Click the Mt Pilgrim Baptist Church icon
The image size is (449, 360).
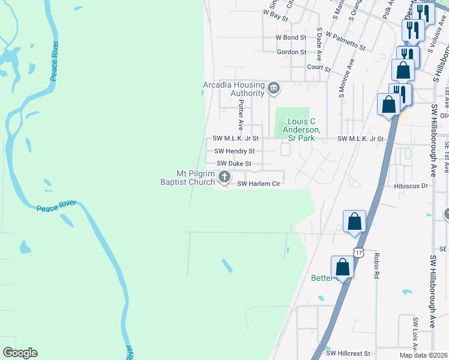click(x=224, y=176)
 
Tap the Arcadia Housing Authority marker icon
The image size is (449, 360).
click(x=274, y=89)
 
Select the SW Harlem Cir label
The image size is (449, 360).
click(x=259, y=184)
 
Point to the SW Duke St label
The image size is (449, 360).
click(x=234, y=163)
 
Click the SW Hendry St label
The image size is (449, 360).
click(x=234, y=151)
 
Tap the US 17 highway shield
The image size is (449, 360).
click(x=358, y=253)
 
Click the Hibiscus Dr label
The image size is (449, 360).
click(x=411, y=186)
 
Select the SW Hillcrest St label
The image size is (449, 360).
click(x=349, y=354)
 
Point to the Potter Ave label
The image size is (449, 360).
click(x=240, y=115)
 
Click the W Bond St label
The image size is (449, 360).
click(x=291, y=37)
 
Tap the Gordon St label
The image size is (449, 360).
click(x=291, y=52)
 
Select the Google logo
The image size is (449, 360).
click(x=20, y=353)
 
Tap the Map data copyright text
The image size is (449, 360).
click(x=423, y=355)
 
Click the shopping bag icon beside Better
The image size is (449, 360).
click(x=342, y=266)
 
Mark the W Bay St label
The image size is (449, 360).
click(x=276, y=15)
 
